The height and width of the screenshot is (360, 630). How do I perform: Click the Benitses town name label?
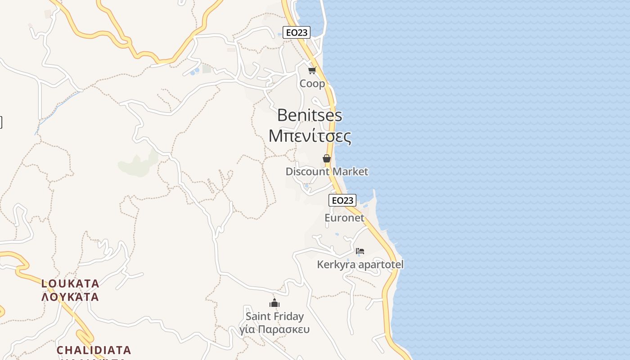[x=310, y=115]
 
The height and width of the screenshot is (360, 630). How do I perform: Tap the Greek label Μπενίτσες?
[x=310, y=135]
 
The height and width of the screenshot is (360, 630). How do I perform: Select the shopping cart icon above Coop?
[x=312, y=70]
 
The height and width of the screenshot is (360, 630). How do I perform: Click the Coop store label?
[x=312, y=84]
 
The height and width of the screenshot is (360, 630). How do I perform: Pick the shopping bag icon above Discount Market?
[x=327, y=158]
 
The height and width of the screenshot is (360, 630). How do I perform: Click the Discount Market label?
[x=327, y=171]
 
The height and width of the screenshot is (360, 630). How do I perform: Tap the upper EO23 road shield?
[x=297, y=32]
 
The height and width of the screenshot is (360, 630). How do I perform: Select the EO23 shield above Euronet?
[x=342, y=200]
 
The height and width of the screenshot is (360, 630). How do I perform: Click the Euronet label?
[x=344, y=218]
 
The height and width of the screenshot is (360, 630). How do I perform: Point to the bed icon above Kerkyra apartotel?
[x=360, y=251]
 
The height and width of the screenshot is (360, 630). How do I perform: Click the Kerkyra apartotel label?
[x=360, y=265]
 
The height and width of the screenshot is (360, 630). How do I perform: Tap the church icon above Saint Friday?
[x=274, y=303]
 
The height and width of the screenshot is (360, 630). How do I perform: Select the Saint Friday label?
[x=274, y=316]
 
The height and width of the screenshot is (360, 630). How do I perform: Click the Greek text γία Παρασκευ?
[x=274, y=329]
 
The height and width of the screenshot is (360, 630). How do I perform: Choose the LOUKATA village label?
[x=70, y=283]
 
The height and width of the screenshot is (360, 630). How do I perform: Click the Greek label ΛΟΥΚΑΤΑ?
[x=70, y=297]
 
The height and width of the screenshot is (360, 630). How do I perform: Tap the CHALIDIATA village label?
[x=94, y=350]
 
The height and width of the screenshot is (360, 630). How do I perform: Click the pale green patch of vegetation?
[x=137, y=165]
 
